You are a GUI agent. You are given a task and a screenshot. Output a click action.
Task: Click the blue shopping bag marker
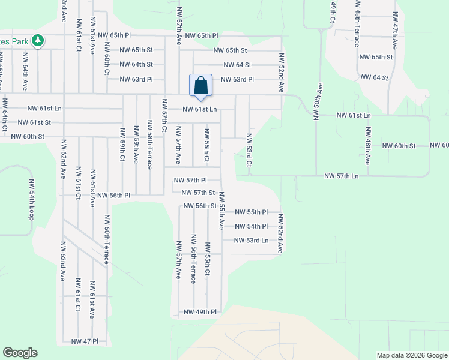point(200,85)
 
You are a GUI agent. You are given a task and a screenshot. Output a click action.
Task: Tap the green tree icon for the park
point(38,41)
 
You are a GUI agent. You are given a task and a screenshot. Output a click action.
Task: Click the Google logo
point(20,353)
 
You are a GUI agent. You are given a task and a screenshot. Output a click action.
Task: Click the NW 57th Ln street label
point(341,176)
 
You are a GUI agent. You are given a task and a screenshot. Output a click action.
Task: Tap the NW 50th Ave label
point(318,98)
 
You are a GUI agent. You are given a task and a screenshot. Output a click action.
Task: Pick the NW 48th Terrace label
point(357,29)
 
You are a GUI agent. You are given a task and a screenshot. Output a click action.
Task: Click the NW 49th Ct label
point(331,13)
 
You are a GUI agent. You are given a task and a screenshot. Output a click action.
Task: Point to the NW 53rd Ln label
point(251,241)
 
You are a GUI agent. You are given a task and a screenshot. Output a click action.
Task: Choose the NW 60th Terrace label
point(106,239)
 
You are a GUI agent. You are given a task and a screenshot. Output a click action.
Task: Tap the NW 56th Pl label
point(114,196)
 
